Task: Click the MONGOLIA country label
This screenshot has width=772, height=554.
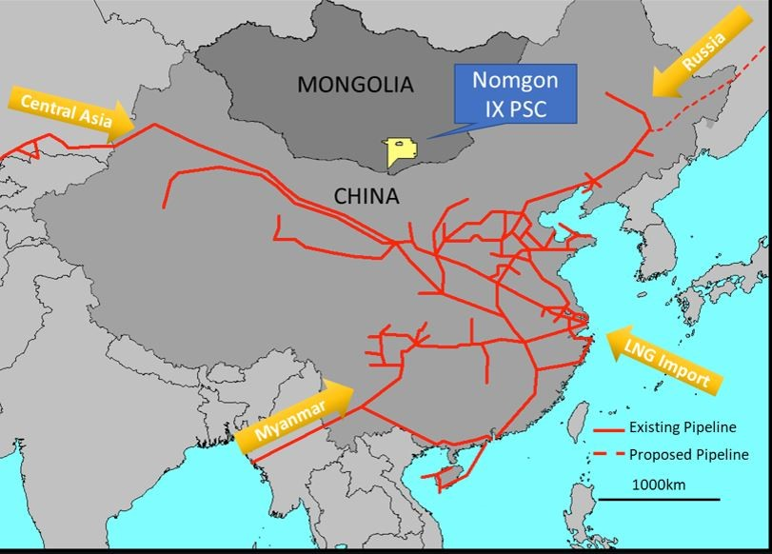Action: pos(356,85)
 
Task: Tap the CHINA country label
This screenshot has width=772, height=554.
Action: pos(366,196)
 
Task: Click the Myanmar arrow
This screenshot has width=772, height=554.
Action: pos(294,417)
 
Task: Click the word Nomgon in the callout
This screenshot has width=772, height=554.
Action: pos(515,83)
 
